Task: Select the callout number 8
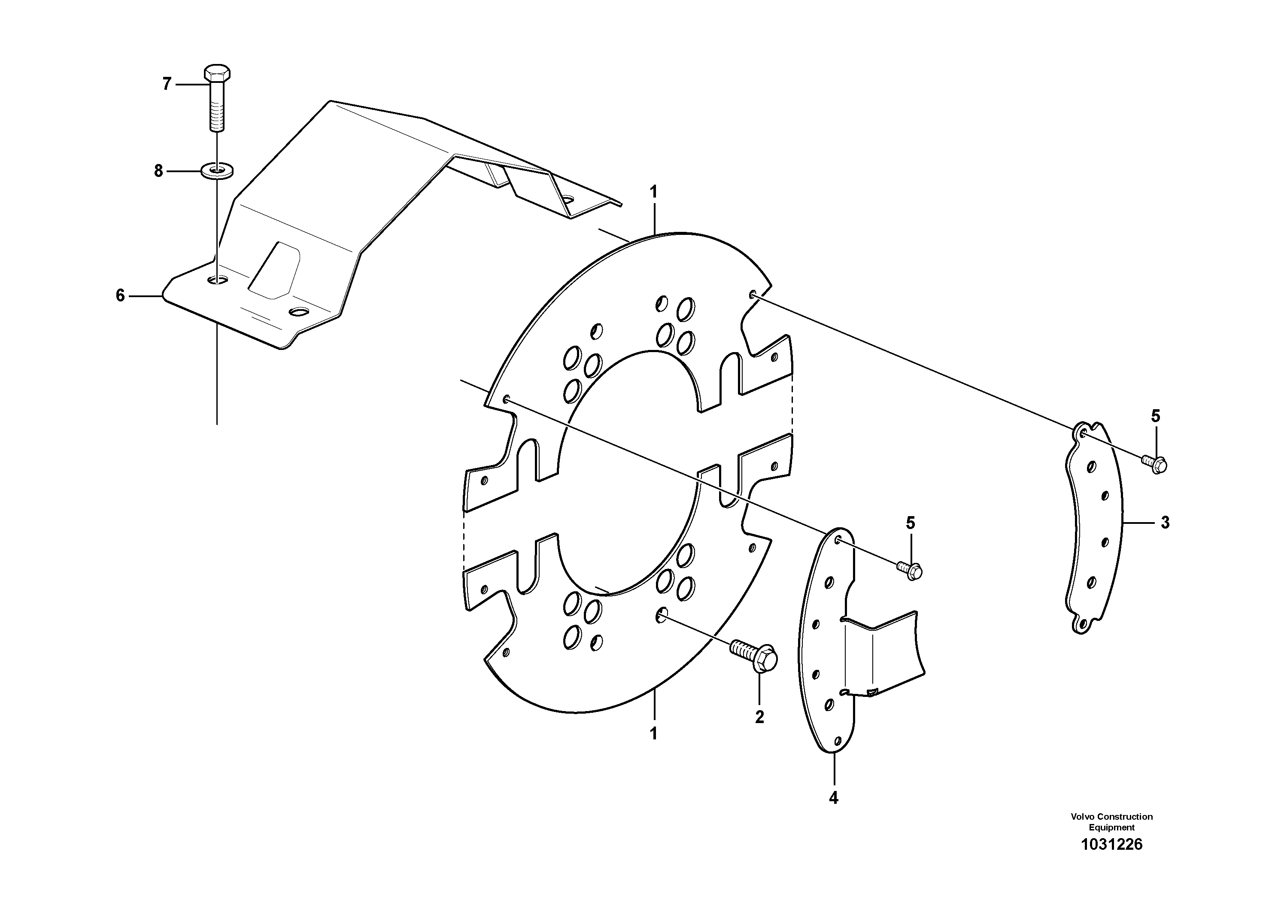pyautogui.click(x=159, y=171)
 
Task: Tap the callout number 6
pyautogui.click(x=120, y=295)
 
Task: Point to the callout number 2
pyautogui.click(x=759, y=717)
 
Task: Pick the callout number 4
pyautogui.click(x=833, y=798)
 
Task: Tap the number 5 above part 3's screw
pyautogui.click(x=1156, y=416)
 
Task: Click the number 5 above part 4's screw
pyautogui.click(x=910, y=522)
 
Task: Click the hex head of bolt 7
pyautogui.click(x=218, y=73)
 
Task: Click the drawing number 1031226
pyautogui.click(x=1111, y=845)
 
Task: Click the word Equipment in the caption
pyautogui.click(x=1111, y=828)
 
